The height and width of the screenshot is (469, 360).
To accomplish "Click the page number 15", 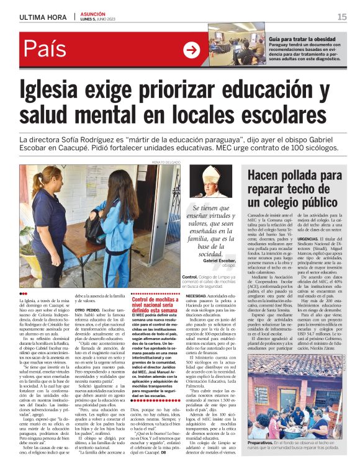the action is tap(342, 17).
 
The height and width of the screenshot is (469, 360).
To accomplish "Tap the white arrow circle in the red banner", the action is tap(191, 49).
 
